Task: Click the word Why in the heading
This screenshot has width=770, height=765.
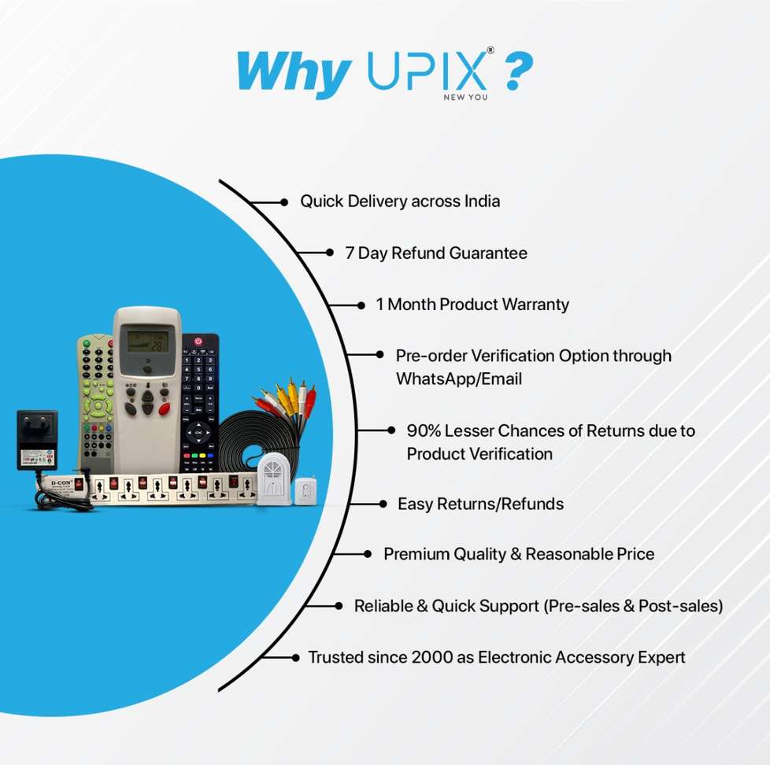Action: (293, 72)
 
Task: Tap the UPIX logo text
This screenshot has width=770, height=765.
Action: (425, 72)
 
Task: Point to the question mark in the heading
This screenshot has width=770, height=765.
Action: (517, 72)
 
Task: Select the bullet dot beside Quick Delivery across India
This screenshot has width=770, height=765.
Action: (284, 202)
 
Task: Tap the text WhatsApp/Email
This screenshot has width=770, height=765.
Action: (458, 379)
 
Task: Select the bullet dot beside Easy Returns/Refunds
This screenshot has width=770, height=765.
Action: (383, 504)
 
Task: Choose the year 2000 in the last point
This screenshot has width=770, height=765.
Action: (432, 657)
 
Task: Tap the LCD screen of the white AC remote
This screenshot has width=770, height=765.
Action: (149, 340)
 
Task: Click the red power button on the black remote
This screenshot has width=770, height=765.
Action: (198, 342)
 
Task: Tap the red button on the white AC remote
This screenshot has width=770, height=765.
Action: (165, 408)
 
